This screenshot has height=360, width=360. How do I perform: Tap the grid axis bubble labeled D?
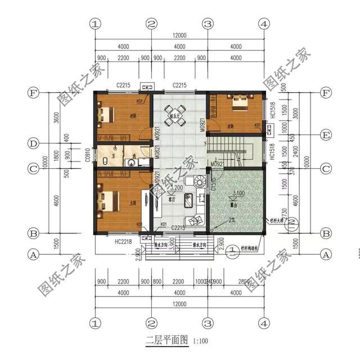click(x=34, y=144)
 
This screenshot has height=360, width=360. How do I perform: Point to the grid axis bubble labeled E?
click(x=325, y=135)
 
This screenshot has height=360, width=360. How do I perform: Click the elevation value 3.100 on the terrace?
click(x=237, y=193)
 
